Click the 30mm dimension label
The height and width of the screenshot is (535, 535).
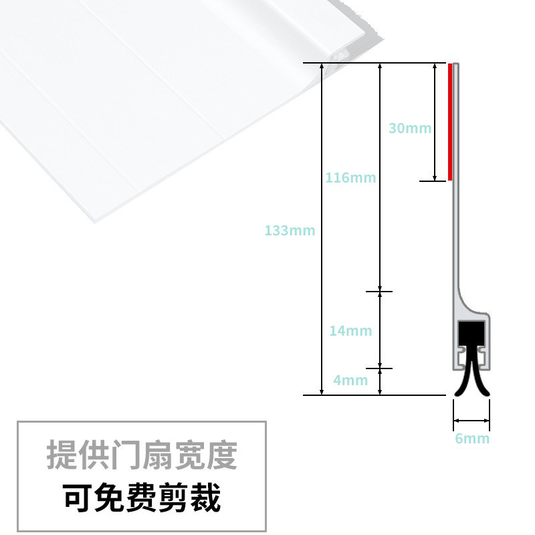pyautogui.click(x=410, y=128)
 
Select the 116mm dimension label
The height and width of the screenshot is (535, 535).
pyautogui.click(x=350, y=178)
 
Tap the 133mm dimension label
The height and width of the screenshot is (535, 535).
pyautogui.click(x=290, y=231)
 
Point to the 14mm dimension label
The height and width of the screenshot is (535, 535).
pyautogui.click(x=350, y=330)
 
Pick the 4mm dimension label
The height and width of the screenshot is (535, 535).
pyautogui.click(x=350, y=381)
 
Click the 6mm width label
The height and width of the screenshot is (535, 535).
pyautogui.click(x=472, y=439)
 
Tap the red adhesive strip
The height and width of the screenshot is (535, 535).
pyautogui.click(x=450, y=122)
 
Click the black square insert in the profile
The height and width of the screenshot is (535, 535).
pyautogui.click(x=471, y=332)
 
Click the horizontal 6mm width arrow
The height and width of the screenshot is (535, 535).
pyautogui.click(x=471, y=421)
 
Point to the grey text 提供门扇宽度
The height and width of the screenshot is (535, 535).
pyautogui.click(x=142, y=455)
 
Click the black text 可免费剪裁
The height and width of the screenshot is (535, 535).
pyautogui.click(x=142, y=497)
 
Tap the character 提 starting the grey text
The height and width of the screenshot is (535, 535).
pyautogui.click(x=61, y=455)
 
